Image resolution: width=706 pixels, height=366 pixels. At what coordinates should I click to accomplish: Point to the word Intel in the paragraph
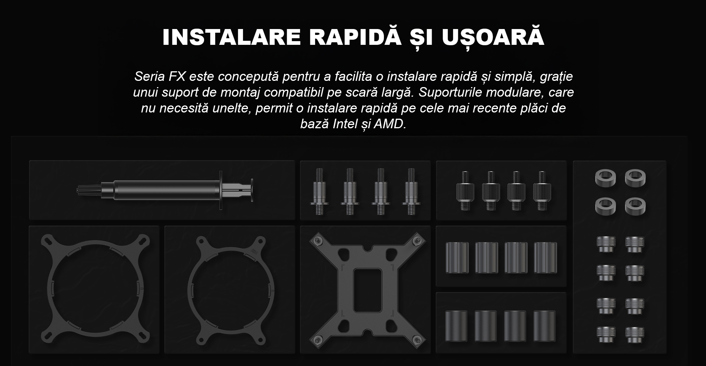pos(344,124)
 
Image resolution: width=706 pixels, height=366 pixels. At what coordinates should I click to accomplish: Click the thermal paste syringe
pos(165,190)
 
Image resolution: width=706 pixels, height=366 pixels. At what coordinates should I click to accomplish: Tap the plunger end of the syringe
pos(252,190)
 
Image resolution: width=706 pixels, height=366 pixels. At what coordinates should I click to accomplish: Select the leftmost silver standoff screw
pos(318,191)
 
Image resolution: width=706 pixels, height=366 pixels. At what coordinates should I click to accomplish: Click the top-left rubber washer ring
pos(606,177)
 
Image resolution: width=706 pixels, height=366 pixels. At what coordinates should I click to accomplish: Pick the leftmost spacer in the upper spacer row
pos(457,257)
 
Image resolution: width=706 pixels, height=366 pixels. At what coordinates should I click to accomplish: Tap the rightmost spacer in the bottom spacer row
pos(544,326)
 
